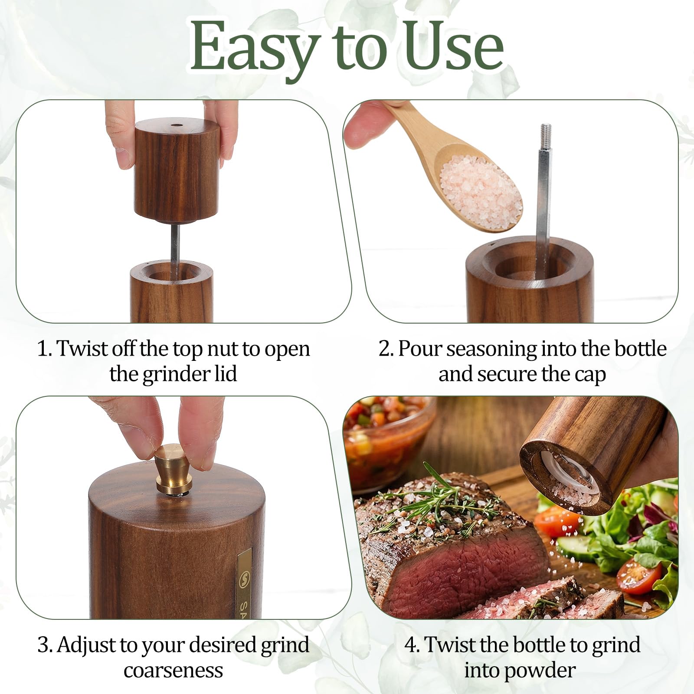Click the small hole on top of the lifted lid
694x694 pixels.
coord(176,125)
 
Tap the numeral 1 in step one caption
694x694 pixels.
coord(43,349)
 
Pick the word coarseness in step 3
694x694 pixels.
coord(173,671)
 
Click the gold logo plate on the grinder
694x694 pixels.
coord(244,583)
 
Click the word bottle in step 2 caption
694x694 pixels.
coord(640,349)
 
